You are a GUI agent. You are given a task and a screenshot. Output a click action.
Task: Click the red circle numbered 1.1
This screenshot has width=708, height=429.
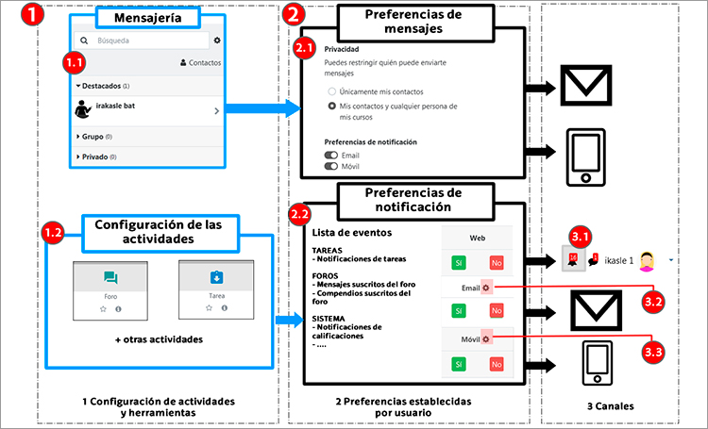tap(74, 62)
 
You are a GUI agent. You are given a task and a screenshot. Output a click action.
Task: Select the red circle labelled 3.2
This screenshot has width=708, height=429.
tap(653, 302)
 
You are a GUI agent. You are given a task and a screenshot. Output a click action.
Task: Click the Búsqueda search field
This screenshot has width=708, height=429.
tap(142, 41)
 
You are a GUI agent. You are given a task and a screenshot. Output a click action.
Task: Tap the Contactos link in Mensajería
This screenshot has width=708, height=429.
tap(200, 63)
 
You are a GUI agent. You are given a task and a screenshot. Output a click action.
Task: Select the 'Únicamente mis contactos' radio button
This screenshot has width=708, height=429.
tap(331, 91)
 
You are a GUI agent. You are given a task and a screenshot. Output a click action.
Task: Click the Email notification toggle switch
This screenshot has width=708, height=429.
tap(330, 154)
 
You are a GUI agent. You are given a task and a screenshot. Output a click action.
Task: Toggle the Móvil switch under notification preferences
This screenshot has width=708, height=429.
tap(330, 165)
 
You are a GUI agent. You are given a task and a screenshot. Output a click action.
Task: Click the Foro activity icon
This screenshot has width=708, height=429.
tap(110, 278)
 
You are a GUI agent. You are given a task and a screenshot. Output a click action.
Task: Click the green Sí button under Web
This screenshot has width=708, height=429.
tap(458, 263)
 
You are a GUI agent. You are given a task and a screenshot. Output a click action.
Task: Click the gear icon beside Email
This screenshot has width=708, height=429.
tap(485, 288)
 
